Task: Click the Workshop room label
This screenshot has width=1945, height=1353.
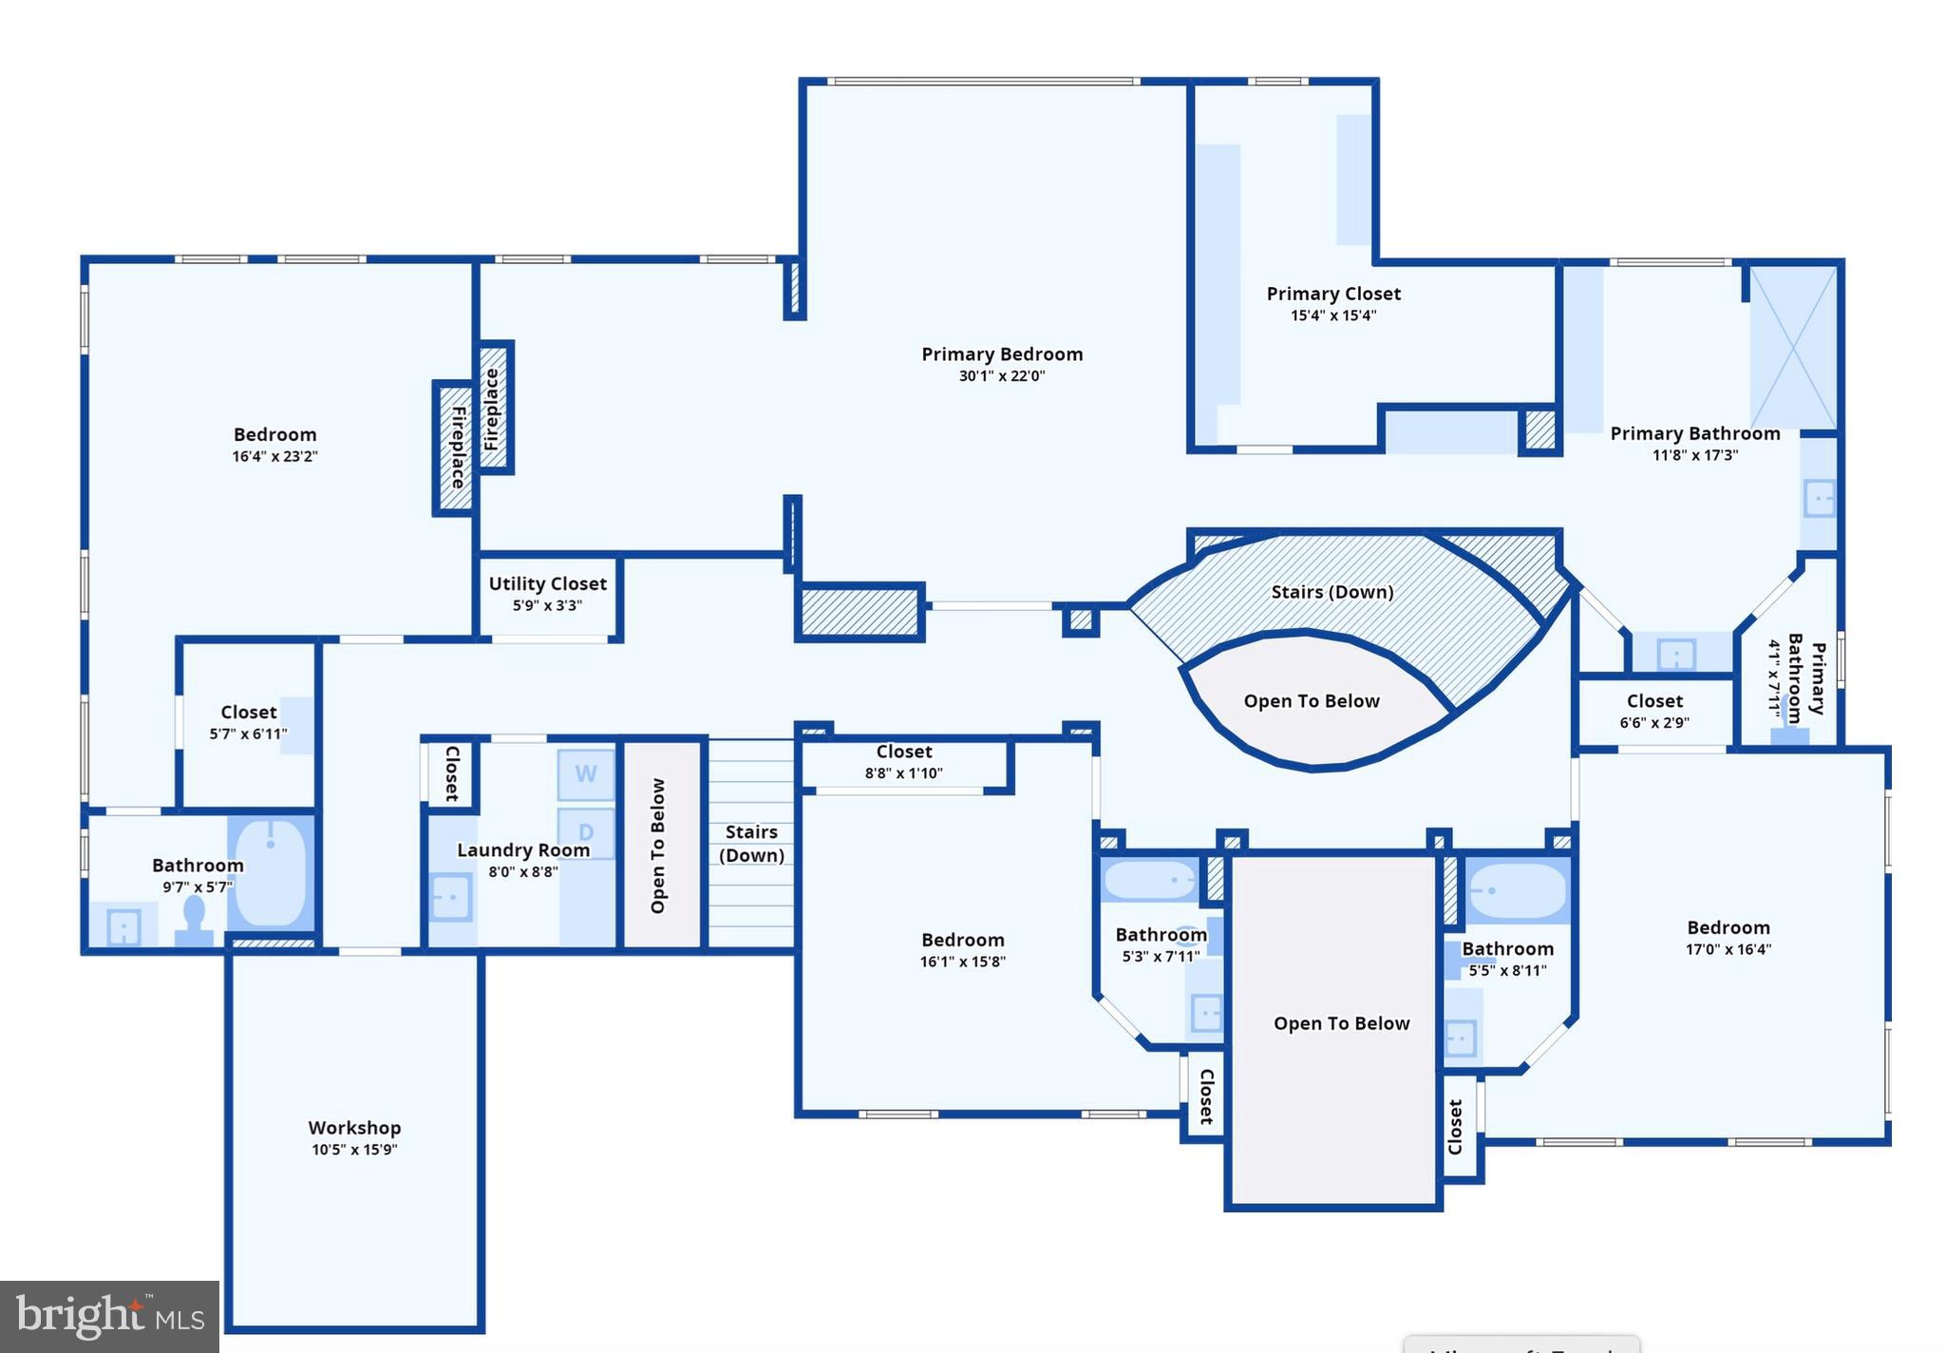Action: coord(354,1128)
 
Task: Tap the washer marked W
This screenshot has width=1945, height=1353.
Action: coord(586,774)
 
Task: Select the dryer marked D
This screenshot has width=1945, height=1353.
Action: coord(586,832)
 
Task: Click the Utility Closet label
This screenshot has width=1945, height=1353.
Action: coord(548,583)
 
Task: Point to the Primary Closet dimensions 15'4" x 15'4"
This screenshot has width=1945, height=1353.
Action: coord(1333,315)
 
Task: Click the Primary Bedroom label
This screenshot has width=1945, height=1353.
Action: coord(1002,353)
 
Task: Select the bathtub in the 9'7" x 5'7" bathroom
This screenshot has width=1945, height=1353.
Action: coord(271,873)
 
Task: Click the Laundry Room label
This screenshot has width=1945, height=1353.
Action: coord(523,849)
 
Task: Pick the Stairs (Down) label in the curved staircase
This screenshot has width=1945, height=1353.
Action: coord(1332,592)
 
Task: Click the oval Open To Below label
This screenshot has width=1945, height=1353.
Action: coord(1312,701)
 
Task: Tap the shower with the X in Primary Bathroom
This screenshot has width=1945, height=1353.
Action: coord(1793,347)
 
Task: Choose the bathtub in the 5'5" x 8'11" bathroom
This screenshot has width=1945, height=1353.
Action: coord(1517,891)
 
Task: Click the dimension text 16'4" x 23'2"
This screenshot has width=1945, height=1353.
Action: coord(274,456)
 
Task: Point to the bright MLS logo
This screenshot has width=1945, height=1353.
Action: coord(109,1316)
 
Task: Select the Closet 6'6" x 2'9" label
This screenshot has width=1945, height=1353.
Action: coord(1654,700)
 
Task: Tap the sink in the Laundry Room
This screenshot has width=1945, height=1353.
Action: coord(451,897)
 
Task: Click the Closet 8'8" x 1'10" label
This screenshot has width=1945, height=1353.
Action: coord(904,752)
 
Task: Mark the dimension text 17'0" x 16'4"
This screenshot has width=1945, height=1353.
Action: coord(1728,949)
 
